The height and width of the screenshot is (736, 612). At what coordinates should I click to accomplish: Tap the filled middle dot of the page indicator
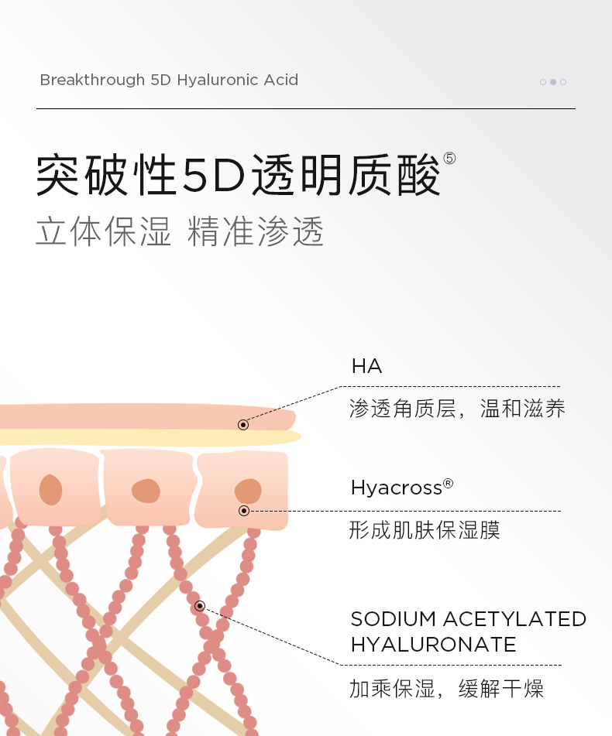553,82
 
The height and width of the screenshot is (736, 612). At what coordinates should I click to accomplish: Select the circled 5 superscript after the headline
449,159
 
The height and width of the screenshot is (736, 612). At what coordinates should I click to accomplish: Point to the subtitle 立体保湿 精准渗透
180,231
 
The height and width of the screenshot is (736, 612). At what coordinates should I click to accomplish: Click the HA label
366,366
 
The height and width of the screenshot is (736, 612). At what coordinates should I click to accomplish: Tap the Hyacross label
396,488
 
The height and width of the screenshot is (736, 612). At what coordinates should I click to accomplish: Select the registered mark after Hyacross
448,484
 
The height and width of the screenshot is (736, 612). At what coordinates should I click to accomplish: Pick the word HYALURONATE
433,645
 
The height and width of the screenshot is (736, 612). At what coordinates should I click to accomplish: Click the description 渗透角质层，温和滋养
457,409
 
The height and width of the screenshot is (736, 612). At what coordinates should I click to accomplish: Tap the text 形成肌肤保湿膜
425,530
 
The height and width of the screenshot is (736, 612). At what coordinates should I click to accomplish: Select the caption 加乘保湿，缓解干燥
446,688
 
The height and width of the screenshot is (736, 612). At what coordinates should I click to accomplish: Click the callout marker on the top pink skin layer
243,425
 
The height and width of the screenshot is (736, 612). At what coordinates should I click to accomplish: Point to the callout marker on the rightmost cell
244,511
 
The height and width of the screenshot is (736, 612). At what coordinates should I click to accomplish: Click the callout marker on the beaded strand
200,606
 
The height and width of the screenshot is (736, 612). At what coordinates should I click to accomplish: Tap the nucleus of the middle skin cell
145,491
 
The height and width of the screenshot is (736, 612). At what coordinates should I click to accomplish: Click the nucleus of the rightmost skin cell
248,491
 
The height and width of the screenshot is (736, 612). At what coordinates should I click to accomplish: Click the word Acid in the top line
280,80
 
